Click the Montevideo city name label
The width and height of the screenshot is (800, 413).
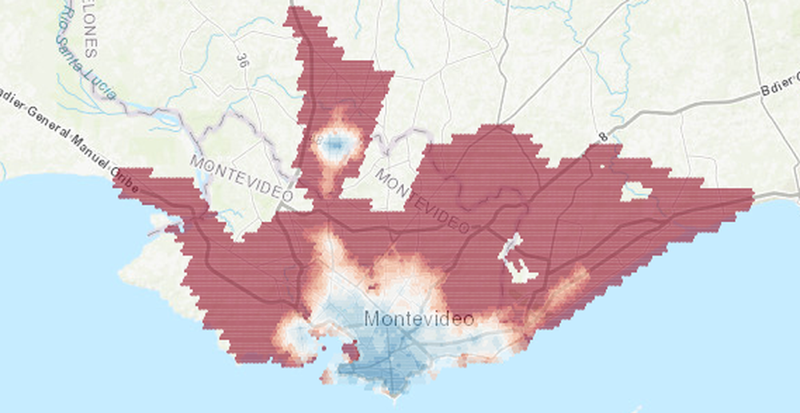tap(418, 318)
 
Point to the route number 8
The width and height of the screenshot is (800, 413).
tap(603, 137)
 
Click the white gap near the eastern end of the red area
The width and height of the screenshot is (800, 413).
tap(636, 191)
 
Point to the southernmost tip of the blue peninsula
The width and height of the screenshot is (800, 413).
tap(393, 393)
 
